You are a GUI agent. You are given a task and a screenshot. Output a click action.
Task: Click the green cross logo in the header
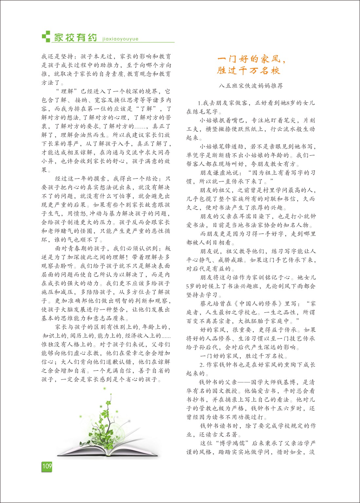tap(46, 36)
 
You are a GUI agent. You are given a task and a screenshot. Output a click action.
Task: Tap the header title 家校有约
tap(76, 38)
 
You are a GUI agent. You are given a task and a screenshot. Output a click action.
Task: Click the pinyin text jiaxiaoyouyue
tap(120, 39)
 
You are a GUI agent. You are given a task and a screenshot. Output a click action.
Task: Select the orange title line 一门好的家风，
tap(251, 59)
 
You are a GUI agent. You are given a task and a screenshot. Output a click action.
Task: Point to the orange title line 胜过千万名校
tap(248, 70)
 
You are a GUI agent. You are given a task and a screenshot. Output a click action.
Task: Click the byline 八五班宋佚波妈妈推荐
tap(251, 86)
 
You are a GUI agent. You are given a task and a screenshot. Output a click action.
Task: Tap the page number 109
tap(47, 466)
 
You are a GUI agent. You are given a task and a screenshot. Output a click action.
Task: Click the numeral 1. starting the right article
tap(200, 103)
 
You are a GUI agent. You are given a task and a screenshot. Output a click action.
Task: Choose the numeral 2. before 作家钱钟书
tap(202, 365)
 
